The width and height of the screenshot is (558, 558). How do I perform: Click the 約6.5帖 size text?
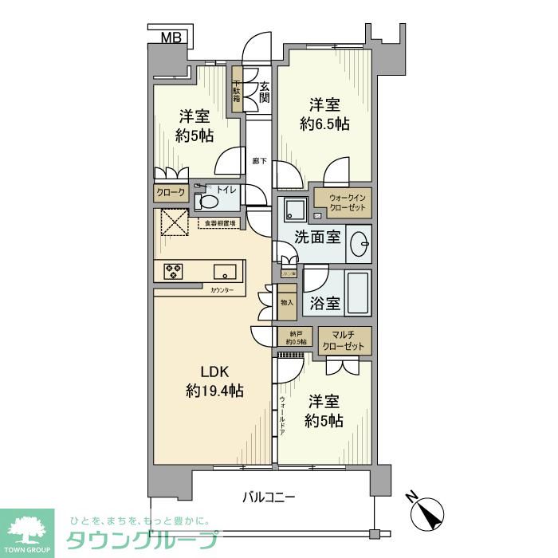[x=324, y=124]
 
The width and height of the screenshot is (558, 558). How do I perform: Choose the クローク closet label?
[x=170, y=193]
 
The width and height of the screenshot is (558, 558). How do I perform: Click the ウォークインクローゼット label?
[x=345, y=202]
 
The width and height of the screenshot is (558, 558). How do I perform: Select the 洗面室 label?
[x=317, y=238]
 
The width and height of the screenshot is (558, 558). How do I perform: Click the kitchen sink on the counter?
[x=223, y=270]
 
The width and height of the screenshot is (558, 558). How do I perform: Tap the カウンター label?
[x=222, y=290]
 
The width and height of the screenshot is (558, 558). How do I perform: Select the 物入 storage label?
[x=287, y=302]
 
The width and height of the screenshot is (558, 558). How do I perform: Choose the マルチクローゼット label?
[x=344, y=340]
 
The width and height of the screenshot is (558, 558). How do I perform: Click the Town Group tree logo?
[x=27, y=529]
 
